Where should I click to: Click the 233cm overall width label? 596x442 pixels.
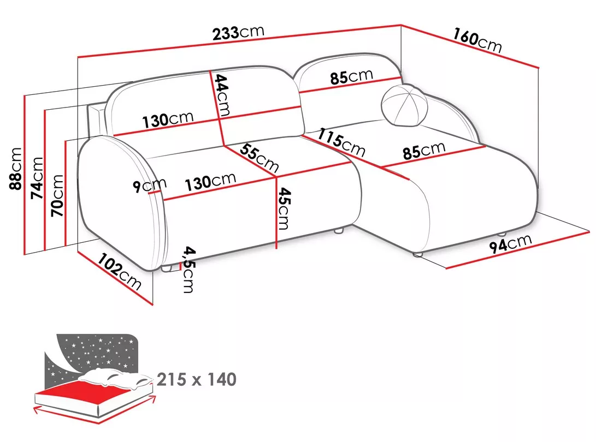pyautogui.click(x=238, y=33)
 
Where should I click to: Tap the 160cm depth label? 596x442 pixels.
pyautogui.click(x=477, y=40)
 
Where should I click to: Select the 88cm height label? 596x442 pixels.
pyautogui.click(x=16, y=169)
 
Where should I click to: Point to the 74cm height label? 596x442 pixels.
pyautogui.click(x=37, y=178)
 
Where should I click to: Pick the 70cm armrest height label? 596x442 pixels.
pyautogui.click(x=57, y=195)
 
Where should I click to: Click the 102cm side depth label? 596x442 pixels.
pyautogui.click(x=120, y=271)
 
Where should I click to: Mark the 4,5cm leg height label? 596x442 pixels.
pyautogui.click(x=189, y=270)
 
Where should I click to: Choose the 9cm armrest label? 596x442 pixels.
pyautogui.click(x=150, y=186)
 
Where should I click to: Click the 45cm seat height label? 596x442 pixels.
pyautogui.click(x=284, y=208)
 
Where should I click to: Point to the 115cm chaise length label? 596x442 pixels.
pyautogui.click(x=341, y=142)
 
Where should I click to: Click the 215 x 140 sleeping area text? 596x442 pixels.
pyautogui.click(x=197, y=379)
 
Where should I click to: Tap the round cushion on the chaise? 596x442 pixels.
pyautogui.click(x=404, y=105)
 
